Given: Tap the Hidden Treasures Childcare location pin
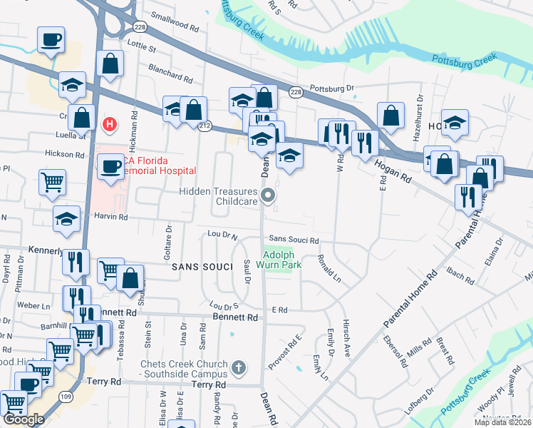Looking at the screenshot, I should [268, 195].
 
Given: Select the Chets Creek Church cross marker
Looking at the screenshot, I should [239, 369].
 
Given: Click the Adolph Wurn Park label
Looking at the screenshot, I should [282, 260].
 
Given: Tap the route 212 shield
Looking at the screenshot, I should [205, 126].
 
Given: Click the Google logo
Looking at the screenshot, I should [24, 419].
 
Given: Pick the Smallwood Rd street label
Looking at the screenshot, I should [175, 26].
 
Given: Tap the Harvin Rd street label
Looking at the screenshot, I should [109, 216].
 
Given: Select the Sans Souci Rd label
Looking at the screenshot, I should [293, 241].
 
